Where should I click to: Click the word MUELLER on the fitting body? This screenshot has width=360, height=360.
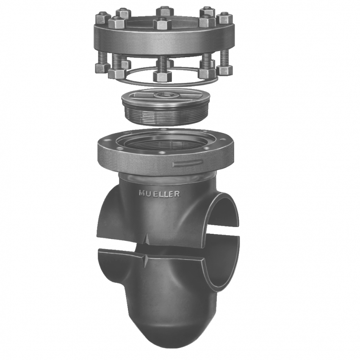159,194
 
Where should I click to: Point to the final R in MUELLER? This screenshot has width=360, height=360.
177,194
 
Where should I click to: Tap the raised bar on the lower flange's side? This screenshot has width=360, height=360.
188,163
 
